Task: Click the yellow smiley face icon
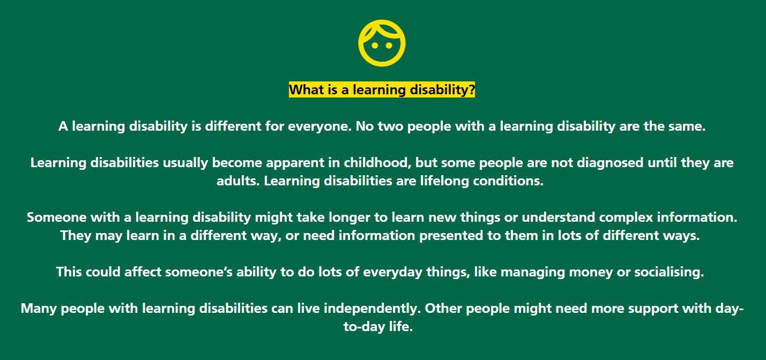[x=382, y=43]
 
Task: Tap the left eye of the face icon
[x=374, y=46]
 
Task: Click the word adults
[x=238, y=181]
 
